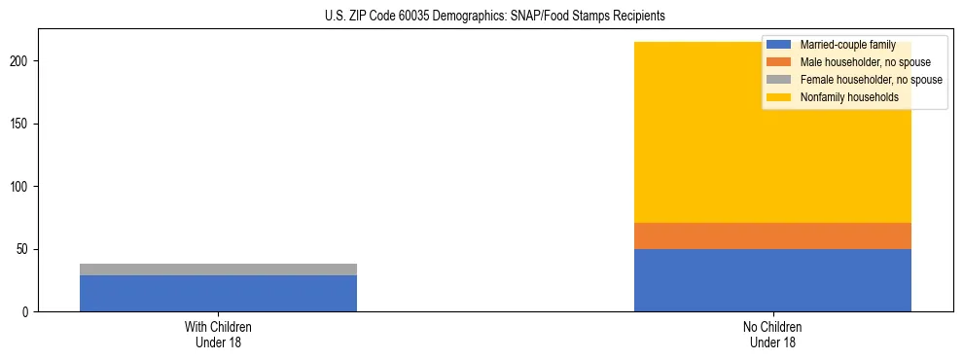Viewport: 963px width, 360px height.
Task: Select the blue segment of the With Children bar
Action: [218, 293]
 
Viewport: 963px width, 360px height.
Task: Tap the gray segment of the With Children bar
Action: [218, 270]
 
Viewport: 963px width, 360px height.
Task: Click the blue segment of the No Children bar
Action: [772, 280]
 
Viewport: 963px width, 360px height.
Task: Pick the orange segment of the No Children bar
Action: [772, 235]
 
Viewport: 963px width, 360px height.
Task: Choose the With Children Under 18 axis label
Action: [218, 334]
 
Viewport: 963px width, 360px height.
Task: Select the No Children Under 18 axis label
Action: [772, 334]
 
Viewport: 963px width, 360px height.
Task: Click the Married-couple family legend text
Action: [847, 45]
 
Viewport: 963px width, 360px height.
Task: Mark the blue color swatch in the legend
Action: [779, 45]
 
